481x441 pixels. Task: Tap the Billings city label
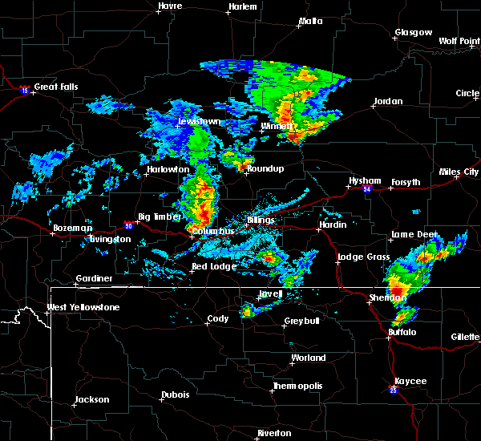click(261, 219)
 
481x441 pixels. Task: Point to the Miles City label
click(459, 172)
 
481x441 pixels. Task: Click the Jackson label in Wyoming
click(93, 399)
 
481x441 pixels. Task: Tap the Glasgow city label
click(413, 33)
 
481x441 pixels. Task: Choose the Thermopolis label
click(299, 386)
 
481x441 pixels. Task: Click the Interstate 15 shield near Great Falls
click(25, 89)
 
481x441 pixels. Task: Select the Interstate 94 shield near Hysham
click(366, 189)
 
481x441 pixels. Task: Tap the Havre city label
click(170, 6)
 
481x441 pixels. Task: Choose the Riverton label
click(274, 433)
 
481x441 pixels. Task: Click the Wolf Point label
click(459, 41)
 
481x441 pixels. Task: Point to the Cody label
click(218, 318)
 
